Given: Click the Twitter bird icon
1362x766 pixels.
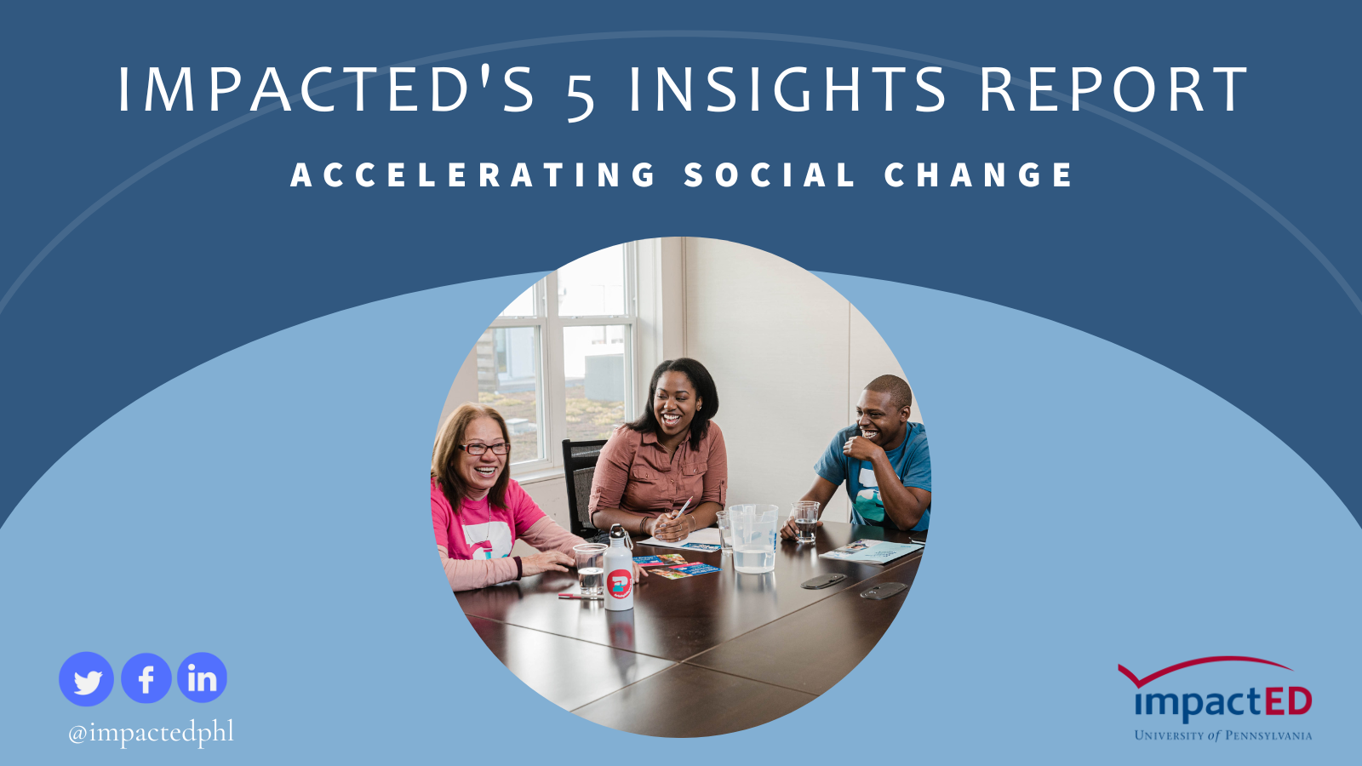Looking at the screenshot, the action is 86,679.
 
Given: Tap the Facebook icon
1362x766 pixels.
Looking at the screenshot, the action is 146,677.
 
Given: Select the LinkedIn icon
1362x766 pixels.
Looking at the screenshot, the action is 202,677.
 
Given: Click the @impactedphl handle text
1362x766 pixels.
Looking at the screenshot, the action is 151,732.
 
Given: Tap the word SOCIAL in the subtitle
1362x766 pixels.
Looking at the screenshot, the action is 770,175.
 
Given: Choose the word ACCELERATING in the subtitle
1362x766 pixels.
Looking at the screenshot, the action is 472,175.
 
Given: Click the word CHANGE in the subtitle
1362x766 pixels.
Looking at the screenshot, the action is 978,175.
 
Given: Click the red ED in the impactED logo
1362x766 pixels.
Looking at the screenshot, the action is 1288,702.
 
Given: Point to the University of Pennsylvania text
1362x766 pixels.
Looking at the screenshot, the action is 1222,735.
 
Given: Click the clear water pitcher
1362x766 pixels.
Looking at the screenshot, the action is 753,538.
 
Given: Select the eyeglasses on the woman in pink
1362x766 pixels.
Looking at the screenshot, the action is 484,449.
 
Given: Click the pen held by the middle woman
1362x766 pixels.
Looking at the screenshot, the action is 684,507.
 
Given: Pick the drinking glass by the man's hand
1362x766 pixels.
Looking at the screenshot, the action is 806,521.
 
